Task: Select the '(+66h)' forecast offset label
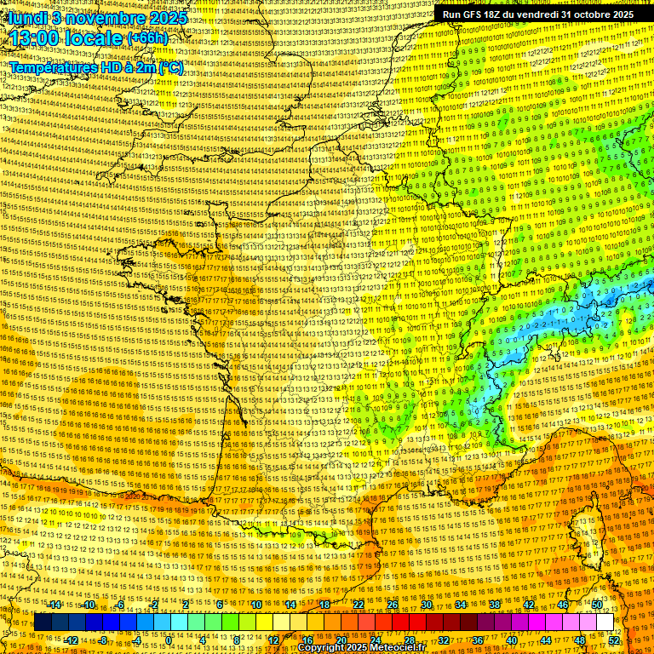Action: click(x=147, y=39)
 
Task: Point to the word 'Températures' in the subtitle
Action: click(x=49, y=66)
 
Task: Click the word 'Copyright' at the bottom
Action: click(x=323, y=648)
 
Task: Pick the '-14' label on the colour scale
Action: click(x=55, y=605)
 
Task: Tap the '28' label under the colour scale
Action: click(x=409, y=640)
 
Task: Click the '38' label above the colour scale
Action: click(x=495, y=605)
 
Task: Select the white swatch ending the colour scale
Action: click(x=605, y=622)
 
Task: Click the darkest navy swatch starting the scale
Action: click(x=43, y=622)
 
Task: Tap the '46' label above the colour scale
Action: click(x=563, y=605)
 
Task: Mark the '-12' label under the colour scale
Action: click(x=72, y=640)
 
